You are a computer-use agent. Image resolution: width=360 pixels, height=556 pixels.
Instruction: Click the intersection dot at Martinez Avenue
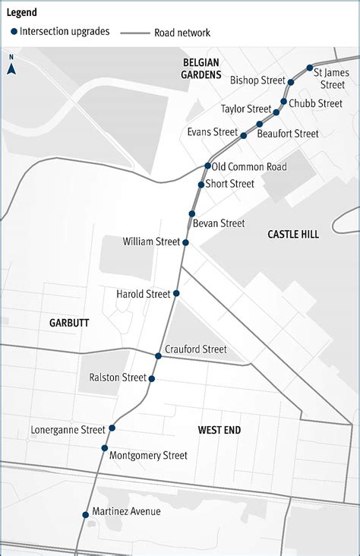(85, 515)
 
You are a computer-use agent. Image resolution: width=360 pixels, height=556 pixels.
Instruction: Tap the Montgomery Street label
(148, 456)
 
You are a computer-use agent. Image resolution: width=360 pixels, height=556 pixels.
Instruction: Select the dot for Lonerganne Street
(112, 428)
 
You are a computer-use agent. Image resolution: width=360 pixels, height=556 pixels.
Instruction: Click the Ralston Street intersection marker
(152, 378)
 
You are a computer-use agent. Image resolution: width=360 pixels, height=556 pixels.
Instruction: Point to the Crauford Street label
(195, 349)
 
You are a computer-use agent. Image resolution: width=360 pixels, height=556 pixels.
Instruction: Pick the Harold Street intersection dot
(176, 293)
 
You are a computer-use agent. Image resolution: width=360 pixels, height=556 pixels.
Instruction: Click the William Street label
(151, 242)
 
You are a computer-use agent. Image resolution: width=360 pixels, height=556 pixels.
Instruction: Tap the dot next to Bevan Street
(192, 214)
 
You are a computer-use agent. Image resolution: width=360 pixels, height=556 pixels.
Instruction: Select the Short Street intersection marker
(201, 185)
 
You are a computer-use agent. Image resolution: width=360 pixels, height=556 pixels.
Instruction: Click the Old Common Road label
(249, 166)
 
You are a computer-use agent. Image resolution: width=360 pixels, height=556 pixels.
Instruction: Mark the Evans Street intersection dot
(244, 136)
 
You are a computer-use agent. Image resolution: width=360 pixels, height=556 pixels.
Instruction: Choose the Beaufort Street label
(288, 134)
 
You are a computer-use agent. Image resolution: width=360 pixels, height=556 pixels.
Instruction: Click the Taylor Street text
(246, 109)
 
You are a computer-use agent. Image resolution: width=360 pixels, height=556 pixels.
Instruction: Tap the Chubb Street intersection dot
(284, 101)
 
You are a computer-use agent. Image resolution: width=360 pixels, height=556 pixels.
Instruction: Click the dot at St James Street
(309, 68)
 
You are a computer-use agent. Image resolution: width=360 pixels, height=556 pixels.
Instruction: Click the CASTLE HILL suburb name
(293, 235)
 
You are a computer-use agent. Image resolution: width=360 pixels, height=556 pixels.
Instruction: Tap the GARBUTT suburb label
(69, 323)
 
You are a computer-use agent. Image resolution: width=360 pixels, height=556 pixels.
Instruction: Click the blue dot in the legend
(14, 32)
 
